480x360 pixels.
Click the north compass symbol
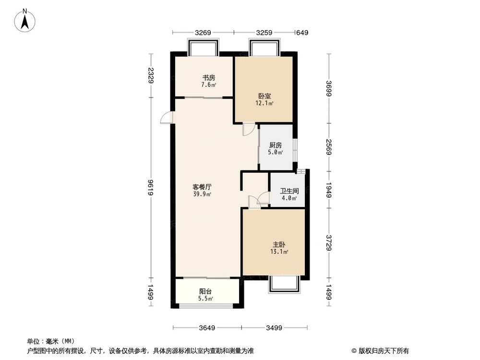(x=26, y=20)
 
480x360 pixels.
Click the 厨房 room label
(x=275, y=145)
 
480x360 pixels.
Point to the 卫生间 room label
(x=288, y=190)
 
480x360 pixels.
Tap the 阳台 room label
(x=206, y=291)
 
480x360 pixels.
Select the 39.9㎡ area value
(x=202, y=194)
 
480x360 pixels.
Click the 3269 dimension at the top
(x=203, y=33)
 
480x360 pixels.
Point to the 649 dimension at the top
(x=302, y=33)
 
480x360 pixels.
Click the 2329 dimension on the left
(x=151, y=76)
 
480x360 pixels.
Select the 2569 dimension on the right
(x=328, y=147)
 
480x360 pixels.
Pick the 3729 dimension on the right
(x=328, y=243)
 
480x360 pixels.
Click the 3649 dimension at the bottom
(x=206, y=328)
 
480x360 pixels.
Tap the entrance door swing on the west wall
(x=166, y=118)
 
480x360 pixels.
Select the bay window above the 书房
(x=203, y=48)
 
